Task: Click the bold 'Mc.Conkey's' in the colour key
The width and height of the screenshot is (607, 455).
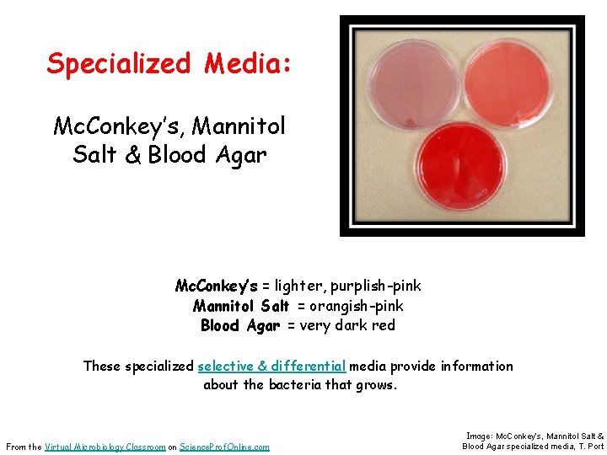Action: click(217, 286)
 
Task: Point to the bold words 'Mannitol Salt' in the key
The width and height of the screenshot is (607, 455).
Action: click(241, 306)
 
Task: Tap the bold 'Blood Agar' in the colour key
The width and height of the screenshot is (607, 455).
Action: click(241, 325)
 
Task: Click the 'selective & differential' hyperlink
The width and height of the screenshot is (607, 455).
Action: click(271, 366)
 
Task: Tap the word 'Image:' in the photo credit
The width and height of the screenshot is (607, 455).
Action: click(479, 435)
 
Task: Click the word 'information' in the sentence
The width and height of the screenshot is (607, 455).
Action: click(475, 366)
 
